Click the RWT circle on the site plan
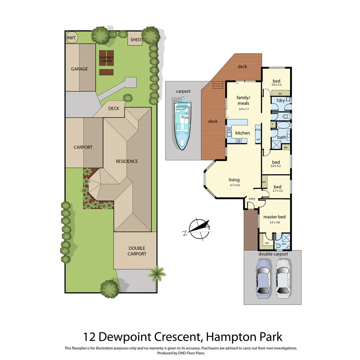tap(71, 38)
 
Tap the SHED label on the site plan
tap(136, 40)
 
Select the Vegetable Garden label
tap(106, 59)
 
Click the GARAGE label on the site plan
tap(79, 69)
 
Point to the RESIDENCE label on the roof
tap(127, 161)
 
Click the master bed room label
tap(274, 217)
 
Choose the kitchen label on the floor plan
tap(242, 133)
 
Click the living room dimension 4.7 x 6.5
tap(235, 185)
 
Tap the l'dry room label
tap(281, 100)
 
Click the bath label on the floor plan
tap(282, 137)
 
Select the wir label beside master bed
tap(267, 243)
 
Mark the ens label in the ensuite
tap(284, 244)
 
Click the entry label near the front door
tap(252, 199)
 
